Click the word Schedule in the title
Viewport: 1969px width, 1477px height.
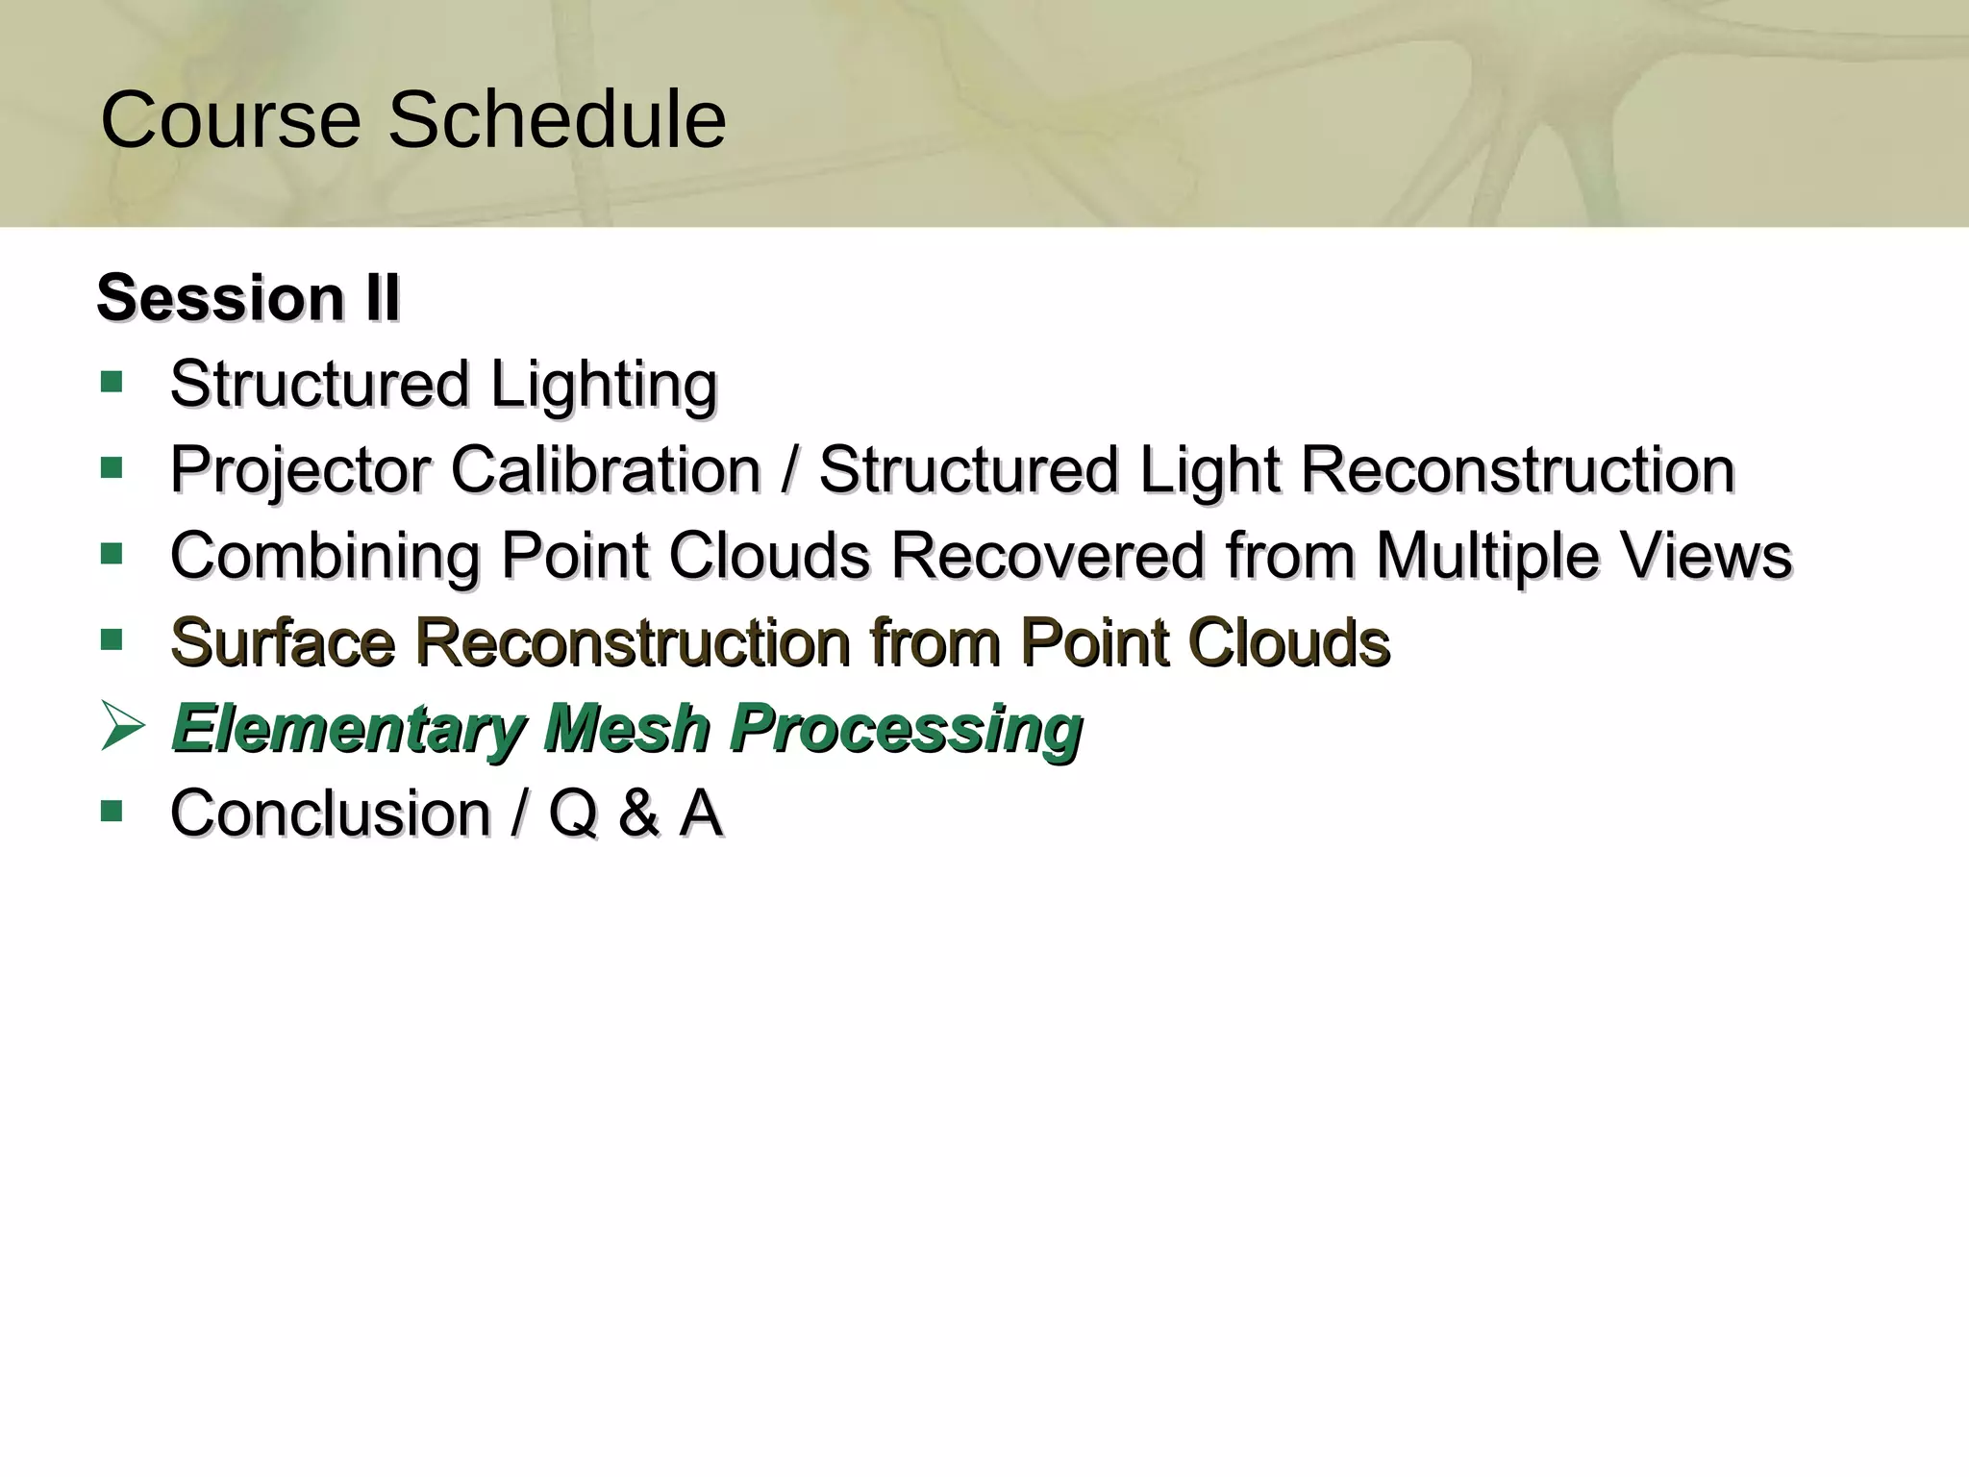tap(557, 120)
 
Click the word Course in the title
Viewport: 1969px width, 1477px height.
tap(231, 120)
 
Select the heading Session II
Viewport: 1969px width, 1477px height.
tap(248, 297)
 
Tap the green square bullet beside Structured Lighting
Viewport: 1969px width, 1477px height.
tap(112, 383)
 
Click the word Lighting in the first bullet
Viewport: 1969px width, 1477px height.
tap(604, 386)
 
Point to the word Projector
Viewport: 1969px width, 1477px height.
tap(299, 471)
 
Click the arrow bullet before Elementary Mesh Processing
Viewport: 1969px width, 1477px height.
tap(122, 727)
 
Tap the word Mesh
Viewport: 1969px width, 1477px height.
tap(626, 727)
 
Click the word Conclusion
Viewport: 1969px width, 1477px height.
tap(331, 814)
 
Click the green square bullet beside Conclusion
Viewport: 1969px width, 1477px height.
tap(112, 812)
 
